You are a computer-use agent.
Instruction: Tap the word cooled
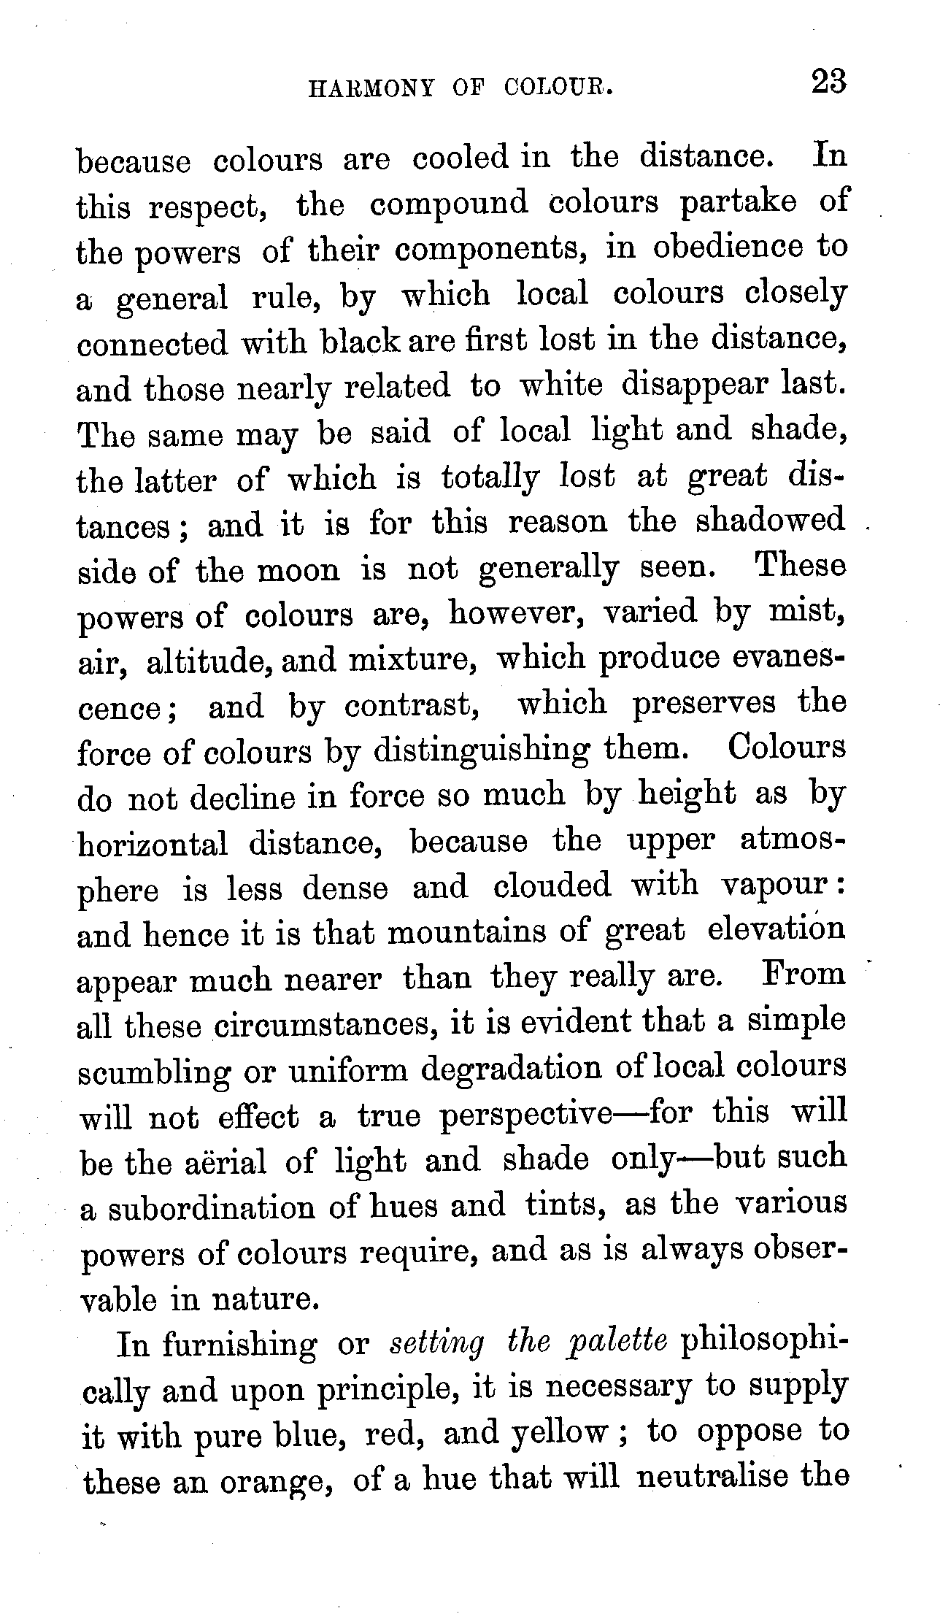click(460, 158)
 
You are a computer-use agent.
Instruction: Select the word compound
click(449, 204)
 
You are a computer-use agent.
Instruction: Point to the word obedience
click(727, 248)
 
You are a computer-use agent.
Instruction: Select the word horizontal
click(153, 845)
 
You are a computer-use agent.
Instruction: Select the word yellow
click(558, 1433)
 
